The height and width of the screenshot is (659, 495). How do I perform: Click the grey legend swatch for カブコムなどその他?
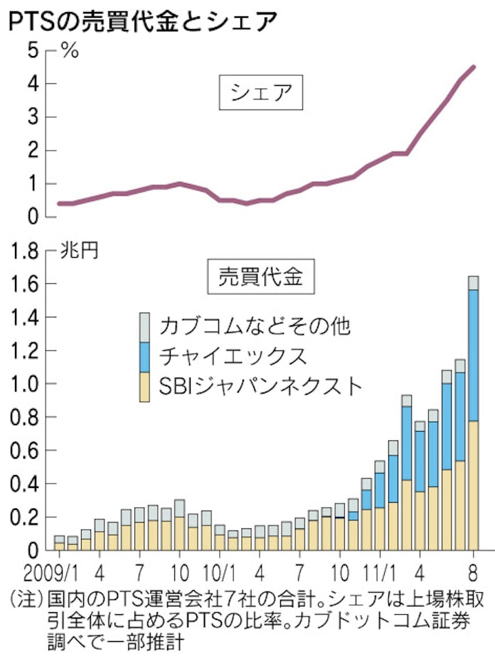click(145, 324)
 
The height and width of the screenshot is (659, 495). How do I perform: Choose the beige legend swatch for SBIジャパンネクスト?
click(145, 387)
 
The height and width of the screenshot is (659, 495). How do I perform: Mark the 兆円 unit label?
click(77, 250)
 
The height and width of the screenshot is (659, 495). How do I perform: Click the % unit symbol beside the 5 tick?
click(69, 51)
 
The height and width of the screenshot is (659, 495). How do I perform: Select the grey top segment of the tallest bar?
click(473, 283)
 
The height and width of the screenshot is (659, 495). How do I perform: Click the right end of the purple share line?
click(474, 67)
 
